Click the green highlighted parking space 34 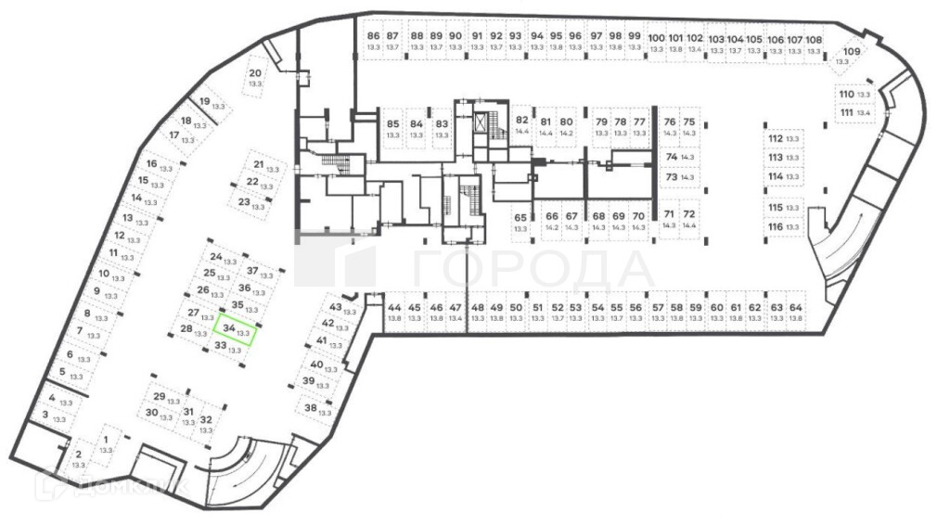coord(234,329)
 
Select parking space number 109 coord(846,58)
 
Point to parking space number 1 coord(106,444)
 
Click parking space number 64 coord(795,312)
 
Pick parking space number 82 coord(521,125)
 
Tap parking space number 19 coord(207,104)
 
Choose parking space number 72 coord(688,219)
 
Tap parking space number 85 coord(392,129)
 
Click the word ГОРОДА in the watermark coord(533,269)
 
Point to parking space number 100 coord(656,43)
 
